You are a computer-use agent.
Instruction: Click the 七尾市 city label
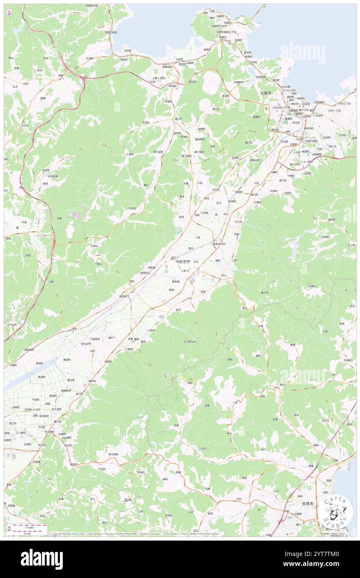coord(266,93)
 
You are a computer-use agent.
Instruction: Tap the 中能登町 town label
coord(183,262)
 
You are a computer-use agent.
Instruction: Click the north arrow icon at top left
coord(9,12)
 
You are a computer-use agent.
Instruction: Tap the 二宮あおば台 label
coord(217,244)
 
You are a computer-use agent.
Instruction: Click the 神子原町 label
coord(113,454)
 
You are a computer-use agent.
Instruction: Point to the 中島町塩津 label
coord(111,32)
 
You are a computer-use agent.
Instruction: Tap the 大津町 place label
coord(90,59)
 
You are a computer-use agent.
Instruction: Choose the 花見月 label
coord(132,208)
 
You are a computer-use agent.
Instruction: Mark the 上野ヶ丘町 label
coord(158,78)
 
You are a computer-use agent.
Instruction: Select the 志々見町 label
coord(57,409)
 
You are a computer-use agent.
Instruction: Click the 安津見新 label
coord(53,176)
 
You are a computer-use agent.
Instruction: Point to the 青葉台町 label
coord(255,160)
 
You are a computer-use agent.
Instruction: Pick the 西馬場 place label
coord(152,267)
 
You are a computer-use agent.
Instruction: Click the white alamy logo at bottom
coord(42,559)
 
